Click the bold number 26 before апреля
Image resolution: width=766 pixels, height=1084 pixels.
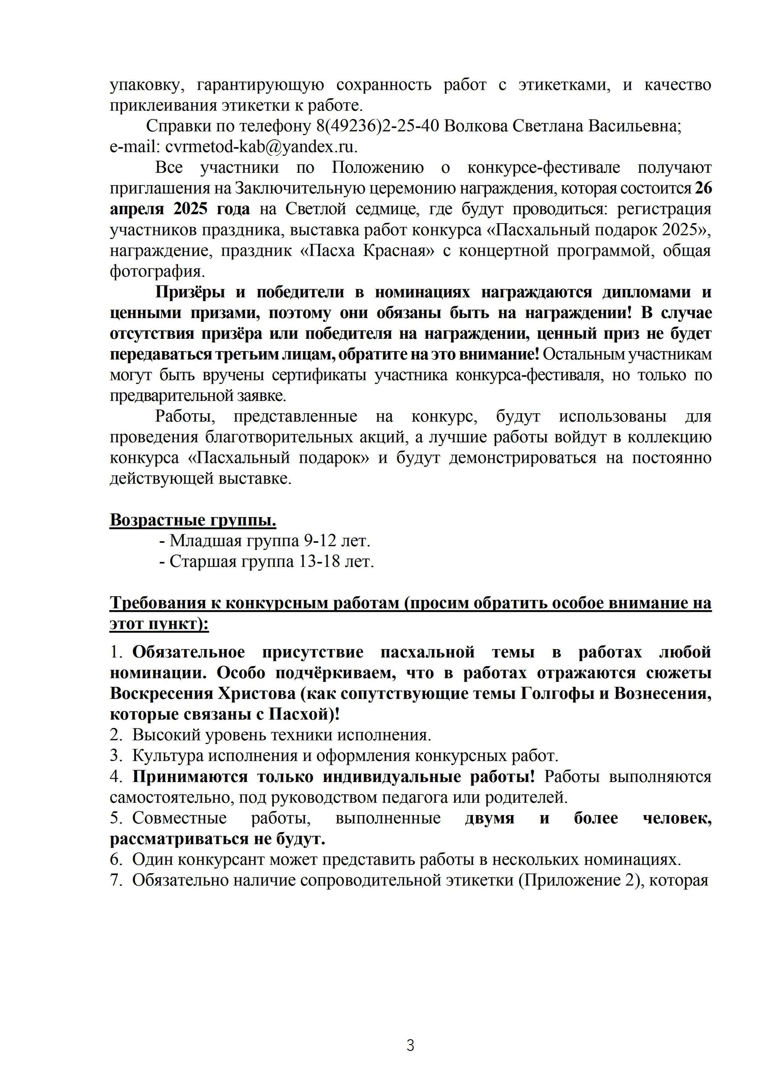pyautogui.click(x=703, y=188)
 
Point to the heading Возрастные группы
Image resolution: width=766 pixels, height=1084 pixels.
pyautogui.click(x=193, y=520)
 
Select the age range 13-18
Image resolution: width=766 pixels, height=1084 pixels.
pyautogui.click(x=320, y=562)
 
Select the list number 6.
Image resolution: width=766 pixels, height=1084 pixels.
pyautogui.click(x=116, y=860)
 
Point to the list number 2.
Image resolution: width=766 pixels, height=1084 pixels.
pyautogui.click(x=116, y=735)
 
